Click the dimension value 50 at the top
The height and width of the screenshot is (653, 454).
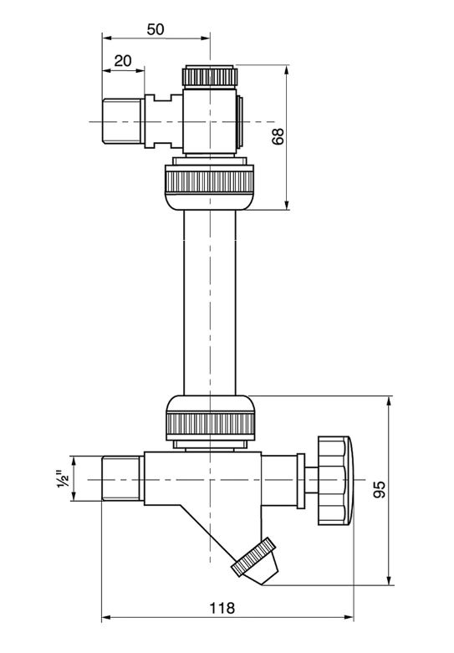(156, 29)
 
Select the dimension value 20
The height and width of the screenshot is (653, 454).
(123, 61)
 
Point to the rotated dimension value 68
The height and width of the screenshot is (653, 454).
(278, 136)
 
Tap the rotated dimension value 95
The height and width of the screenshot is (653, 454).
(380, 490)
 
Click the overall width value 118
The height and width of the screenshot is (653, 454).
(222, 609)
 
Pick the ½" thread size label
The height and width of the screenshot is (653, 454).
(64, 480)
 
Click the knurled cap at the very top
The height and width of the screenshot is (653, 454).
(210, 76)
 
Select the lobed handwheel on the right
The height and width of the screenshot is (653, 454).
(335, 480)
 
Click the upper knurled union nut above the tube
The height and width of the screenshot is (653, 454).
(210, 182)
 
